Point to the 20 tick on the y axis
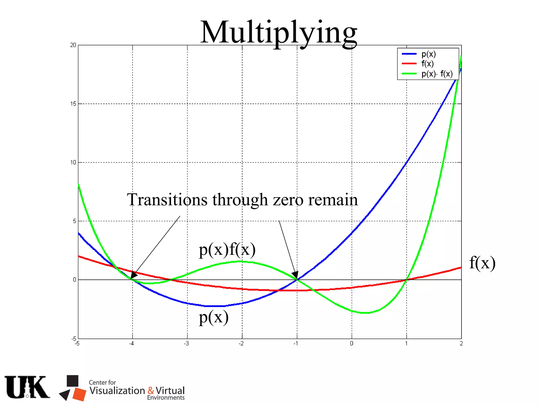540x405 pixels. (x=73, y=45)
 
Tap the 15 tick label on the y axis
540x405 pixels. (x=73, y=104)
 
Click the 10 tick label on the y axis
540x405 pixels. (x=73, y=162)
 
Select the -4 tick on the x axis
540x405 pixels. (x=131, y=343)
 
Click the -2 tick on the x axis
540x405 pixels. (x=241, y=343)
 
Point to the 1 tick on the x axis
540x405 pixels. (x=406, y=343)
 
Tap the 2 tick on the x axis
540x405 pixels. (x=461, y=343)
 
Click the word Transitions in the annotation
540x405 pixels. (x=167, y=200)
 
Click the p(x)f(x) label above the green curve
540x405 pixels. (x=227, y=249)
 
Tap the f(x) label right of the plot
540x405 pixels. (x=482, y=263)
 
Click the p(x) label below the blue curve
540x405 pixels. (x=214, y=317)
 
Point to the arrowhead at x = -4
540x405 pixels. (x=133, y=275)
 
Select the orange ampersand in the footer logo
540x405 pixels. (x=151, y=390)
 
